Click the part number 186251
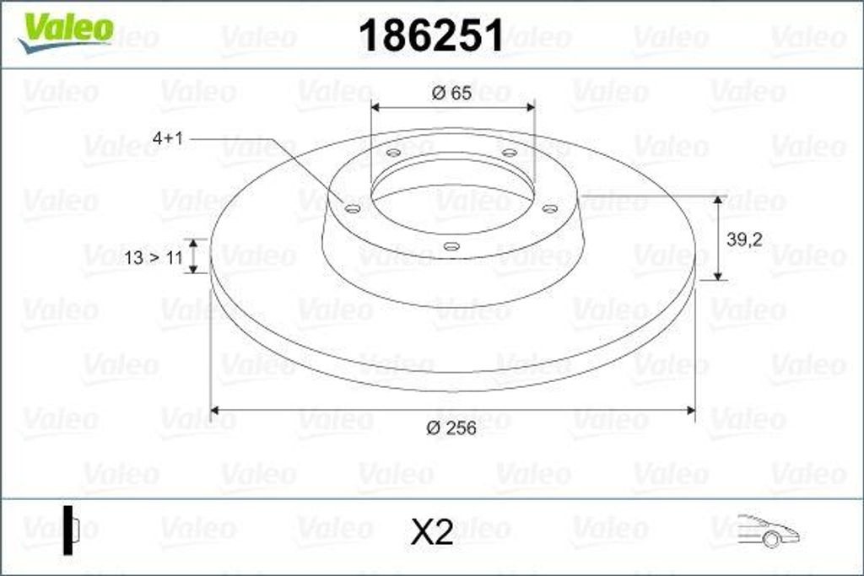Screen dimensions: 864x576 tap(431, 35)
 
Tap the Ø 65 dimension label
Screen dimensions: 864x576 tap(452, 93)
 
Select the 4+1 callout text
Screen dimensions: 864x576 tap(168, 138)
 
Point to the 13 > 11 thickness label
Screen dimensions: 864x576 tap(154, 257)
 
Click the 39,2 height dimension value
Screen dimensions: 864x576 tap(744, 240)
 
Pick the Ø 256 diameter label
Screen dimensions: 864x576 tap(451, 428)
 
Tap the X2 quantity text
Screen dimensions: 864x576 tap(432, 532)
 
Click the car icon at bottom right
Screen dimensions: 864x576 tap(768, 530)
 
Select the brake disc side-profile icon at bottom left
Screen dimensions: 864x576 tap(71, 530)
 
